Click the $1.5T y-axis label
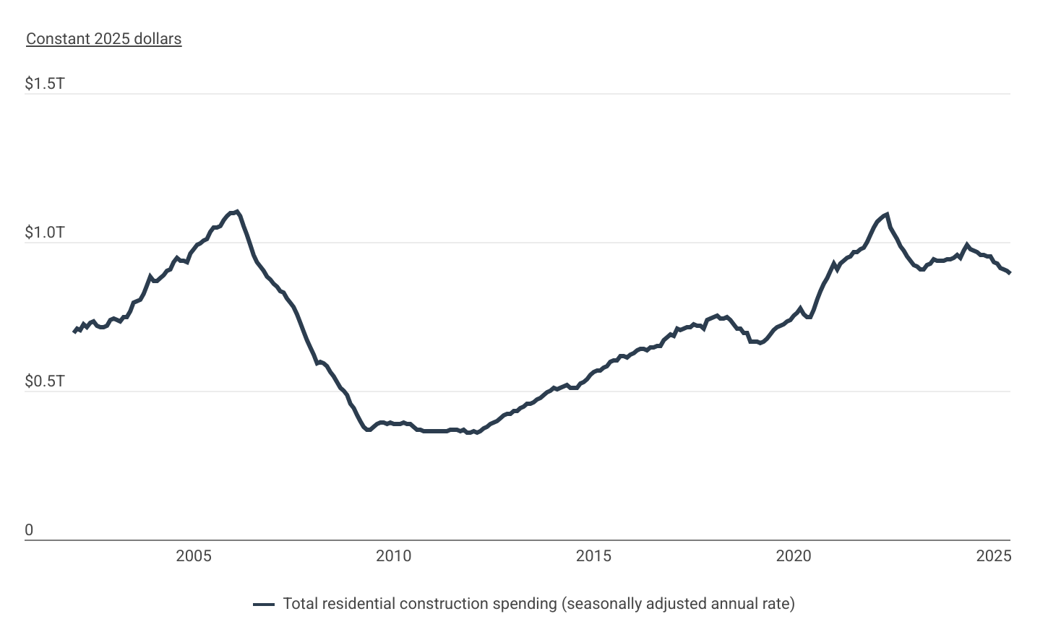(x=45, y=84)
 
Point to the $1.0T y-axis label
(x=45, y=233)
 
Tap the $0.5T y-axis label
(x=45, y=381)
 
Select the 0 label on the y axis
(x=29, y=530)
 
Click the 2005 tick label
(x=194, y=556)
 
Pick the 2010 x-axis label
(x=393, y=556)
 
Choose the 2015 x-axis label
(x=593, y=556)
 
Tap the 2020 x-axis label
(x=794, y=556)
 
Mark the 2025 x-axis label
(x=993, y=556)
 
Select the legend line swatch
(x=264, y=605)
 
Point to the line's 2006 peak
(x=237, y=212)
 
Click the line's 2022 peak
(x=886, y=214)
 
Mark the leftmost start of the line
(x=74, y=332)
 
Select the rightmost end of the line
(x=1009, y=272)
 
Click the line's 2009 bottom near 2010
(x=369, y=430)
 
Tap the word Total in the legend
(x=300, y=604)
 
